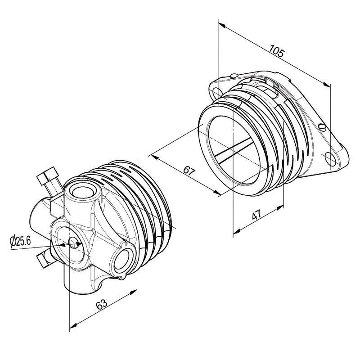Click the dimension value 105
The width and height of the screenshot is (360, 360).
[276, 51]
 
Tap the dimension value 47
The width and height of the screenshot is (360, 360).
[257, 215]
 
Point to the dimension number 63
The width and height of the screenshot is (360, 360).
[102, 305]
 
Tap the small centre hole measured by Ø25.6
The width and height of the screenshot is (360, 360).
[73, 244]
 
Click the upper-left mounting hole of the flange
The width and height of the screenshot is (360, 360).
[217, 92]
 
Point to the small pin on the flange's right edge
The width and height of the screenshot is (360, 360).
[323, 126]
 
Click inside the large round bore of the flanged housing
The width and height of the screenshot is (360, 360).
[232, 151]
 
